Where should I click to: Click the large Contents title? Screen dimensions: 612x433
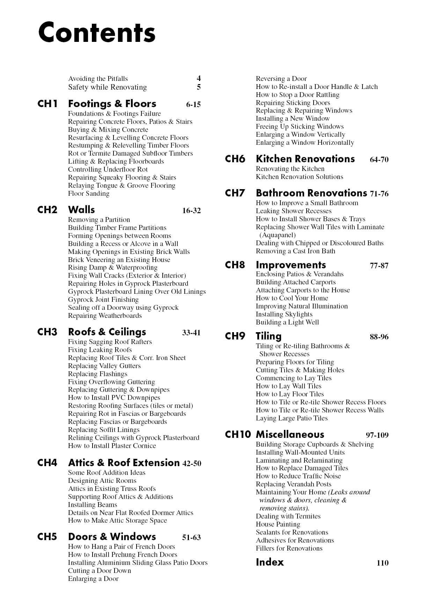point(97,32)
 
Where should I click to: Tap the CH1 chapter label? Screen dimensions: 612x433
point(47,104)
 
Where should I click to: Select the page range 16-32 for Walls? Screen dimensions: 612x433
point(191,210)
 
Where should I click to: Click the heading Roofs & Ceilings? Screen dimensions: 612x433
point(107,332)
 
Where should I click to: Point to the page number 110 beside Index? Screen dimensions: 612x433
point(382,563)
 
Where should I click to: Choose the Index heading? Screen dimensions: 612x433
point(270,562)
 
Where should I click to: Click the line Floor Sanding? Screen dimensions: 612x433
point(89,194)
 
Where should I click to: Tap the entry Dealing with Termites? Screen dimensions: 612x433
point(288,516)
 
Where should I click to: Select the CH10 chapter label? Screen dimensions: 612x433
point(238,435)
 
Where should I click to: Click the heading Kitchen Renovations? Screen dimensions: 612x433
point(305,159)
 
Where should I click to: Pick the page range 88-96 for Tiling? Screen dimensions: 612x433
point(379,337)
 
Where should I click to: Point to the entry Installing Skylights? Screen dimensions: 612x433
point(284,314)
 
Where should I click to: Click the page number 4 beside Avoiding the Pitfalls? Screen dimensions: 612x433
point(199,79)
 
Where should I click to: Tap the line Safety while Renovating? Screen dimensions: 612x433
point(108,87)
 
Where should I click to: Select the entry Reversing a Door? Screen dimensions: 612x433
point(281,79)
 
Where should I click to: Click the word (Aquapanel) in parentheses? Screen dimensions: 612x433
point(277,235)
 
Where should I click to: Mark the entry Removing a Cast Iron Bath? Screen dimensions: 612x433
point(295,251)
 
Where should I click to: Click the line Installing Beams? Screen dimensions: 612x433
point(93,505)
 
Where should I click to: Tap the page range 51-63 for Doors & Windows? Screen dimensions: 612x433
point(191,537)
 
